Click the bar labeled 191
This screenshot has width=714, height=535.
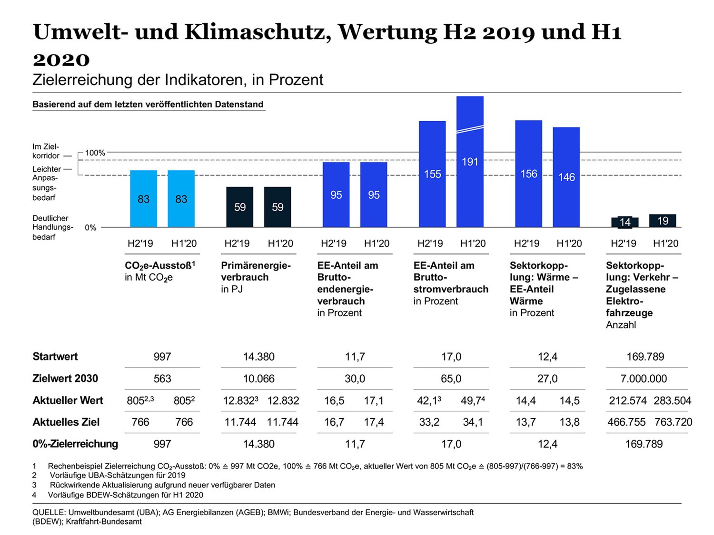point(470,162)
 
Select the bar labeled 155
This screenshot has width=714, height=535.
point(432,174)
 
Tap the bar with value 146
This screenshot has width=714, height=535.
point(566,177)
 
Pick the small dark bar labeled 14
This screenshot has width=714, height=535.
point(625,222)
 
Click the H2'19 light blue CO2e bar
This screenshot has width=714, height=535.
point(143,199)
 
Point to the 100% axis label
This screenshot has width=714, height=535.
point(95,153)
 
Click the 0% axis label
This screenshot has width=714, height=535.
point(90,228)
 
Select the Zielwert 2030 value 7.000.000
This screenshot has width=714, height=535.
point(644,379)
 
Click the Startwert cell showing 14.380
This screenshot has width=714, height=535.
point(258,357)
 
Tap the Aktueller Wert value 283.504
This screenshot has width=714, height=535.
point(672,400)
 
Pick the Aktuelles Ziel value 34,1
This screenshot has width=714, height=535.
point(473,422)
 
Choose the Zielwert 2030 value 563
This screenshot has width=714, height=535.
point(162,379)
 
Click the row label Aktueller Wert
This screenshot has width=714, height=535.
point(68,400)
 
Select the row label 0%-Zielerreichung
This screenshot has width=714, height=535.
point(75,444)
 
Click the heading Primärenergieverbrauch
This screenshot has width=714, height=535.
point(256,272)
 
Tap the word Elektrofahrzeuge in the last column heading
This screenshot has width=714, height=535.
point(629,307)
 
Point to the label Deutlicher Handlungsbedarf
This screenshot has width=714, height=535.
point(52,227)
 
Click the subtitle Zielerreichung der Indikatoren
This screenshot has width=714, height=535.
point(178,79)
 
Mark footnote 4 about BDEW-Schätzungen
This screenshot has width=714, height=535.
point(125,495)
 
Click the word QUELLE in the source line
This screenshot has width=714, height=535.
point(49,512)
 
